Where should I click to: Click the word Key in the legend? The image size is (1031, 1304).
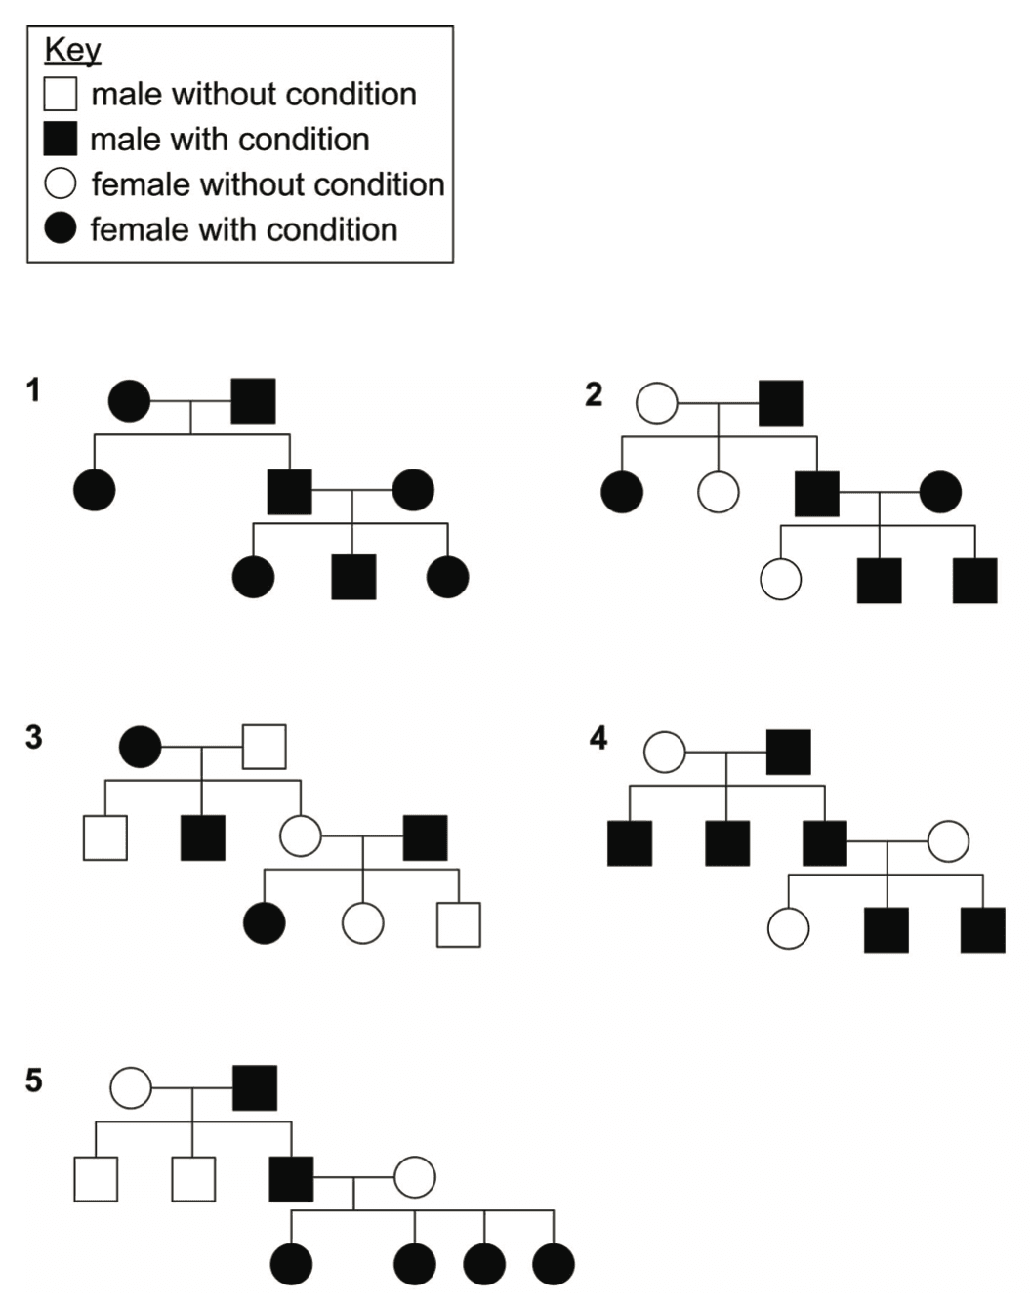click(x=72, y=50)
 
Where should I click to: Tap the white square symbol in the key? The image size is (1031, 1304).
click(x=61, y=95)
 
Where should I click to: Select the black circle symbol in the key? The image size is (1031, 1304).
click(x=61, y=229)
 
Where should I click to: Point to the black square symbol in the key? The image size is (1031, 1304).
click(x=61, y=140)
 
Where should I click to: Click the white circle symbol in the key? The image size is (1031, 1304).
click(x=61, y=183)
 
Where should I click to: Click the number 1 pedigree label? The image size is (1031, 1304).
click(x=34, y=390)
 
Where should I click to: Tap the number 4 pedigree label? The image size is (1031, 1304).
click(x=598, y=738)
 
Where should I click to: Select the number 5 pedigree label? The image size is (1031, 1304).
click(x=34, y=1080)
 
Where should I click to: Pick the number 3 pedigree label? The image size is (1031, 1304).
click(x=34, y=737)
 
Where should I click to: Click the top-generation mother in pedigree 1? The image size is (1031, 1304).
click(x=130, y=401)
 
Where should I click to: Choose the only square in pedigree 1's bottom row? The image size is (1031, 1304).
click(x=353, y=578)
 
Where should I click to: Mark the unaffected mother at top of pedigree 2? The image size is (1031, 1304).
click(x=657, y=403)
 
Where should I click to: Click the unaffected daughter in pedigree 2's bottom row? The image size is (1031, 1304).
click(x=781, y=579)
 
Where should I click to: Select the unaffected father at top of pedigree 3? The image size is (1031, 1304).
click(x=265, y=747)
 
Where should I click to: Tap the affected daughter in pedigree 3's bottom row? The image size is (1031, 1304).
click(x=265, y=923)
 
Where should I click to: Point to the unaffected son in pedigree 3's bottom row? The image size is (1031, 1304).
click(x=459, y=924)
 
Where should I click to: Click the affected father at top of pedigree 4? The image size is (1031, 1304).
click(x=789, y=752)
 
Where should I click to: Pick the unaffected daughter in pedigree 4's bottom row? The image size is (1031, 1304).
click(x=789, y=929)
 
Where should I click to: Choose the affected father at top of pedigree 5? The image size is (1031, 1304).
click(x=255, y=1087)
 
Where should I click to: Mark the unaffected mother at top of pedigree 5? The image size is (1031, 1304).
click(x=131, y=1087)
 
